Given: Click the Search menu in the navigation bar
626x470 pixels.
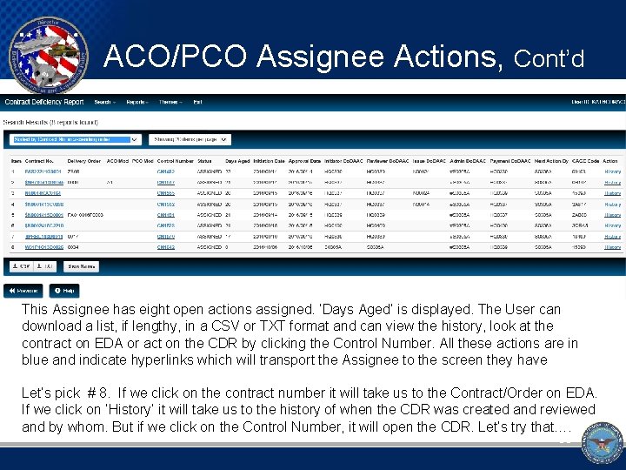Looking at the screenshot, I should point(103,103).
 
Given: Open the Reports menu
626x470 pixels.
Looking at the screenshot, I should point(137,103).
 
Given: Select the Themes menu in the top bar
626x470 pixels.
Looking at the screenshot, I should point(170,103).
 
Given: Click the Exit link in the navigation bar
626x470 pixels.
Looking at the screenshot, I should point(197,103).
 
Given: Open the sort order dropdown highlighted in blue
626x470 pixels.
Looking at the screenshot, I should point(75,139).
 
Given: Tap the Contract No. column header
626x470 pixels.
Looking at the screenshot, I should point(39,161).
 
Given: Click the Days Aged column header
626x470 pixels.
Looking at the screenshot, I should point(236,161).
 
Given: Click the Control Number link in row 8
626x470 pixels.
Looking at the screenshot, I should point(166,247).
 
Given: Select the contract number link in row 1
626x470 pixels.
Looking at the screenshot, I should point(44,171).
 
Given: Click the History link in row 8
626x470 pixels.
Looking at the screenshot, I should point(613,247).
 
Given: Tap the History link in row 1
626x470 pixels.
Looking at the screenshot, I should point(613,171).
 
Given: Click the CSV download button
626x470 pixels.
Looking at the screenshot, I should point(22,266).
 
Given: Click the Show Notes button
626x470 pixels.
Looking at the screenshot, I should point(83,266).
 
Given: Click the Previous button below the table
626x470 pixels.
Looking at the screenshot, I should point(23,291).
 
